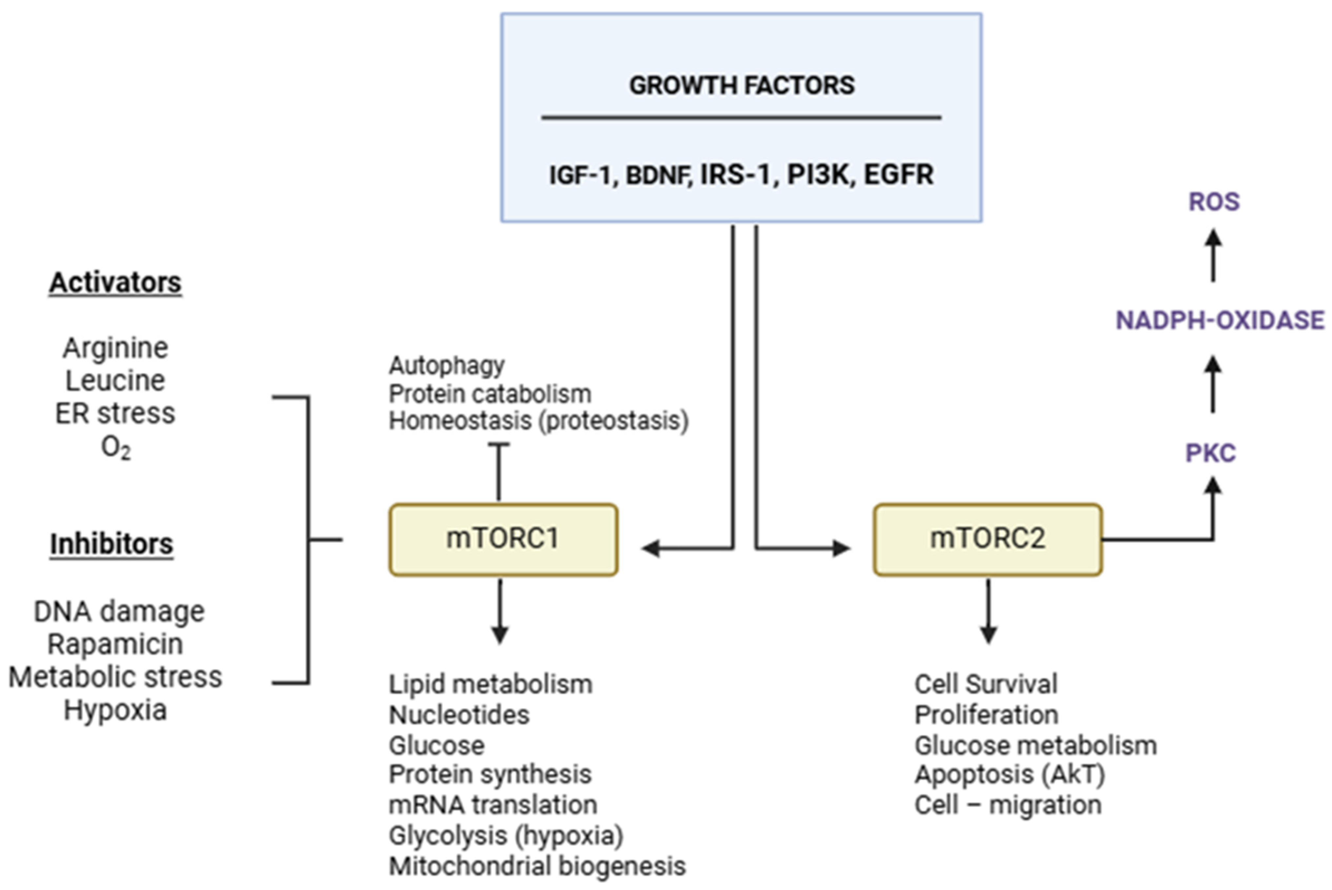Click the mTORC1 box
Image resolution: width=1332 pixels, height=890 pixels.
(503, 539)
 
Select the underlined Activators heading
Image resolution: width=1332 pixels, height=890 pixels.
(115, 283)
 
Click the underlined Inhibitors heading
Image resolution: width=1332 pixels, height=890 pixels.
(111, 544)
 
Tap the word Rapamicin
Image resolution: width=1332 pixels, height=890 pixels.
(115, 644)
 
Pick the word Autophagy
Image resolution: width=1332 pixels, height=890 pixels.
(446, 366)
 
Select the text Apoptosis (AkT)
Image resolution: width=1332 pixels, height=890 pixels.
(1009, 775)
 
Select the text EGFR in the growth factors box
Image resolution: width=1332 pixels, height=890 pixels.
(898, 174)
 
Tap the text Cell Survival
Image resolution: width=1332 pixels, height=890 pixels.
(986, 684)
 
